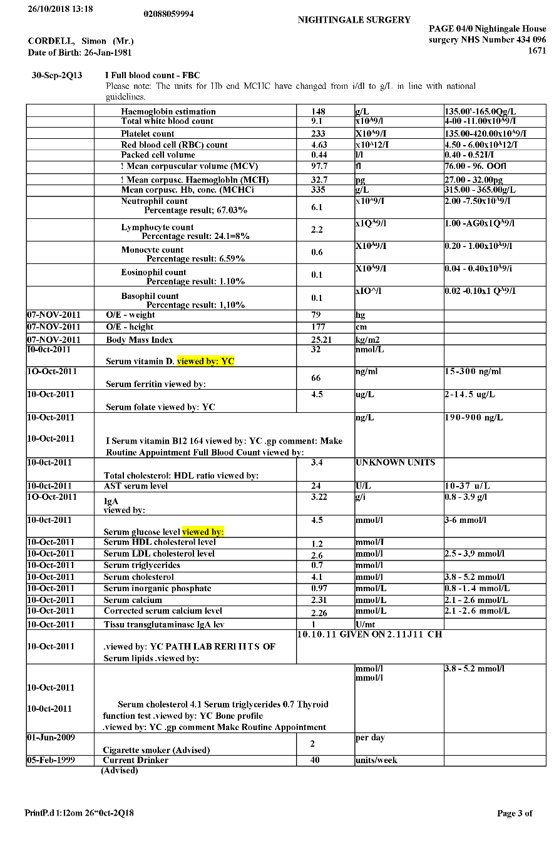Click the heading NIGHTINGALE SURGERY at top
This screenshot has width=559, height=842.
(354, 20)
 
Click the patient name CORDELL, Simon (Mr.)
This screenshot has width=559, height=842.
(81, 41)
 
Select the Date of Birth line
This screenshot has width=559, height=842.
(79, 53)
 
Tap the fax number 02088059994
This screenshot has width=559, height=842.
(168, 14)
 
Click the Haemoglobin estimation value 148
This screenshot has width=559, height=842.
(318, 112)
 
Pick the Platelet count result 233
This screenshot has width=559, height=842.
(318, 134)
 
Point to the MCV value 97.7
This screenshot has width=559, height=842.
(319, 166)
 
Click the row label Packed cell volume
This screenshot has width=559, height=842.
(158, 155)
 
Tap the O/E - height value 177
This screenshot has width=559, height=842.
(318, 327)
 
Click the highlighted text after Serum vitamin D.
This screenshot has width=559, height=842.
(205, 361)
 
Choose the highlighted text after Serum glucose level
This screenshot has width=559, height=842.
(203, 532)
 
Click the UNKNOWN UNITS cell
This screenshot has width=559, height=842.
(395, 462)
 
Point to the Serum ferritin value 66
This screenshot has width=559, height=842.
(316, 378)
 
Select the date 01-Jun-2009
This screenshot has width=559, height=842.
(51, 738)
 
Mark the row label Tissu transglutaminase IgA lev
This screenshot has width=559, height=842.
(164, 624)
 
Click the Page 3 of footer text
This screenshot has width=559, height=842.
(515, 813)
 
